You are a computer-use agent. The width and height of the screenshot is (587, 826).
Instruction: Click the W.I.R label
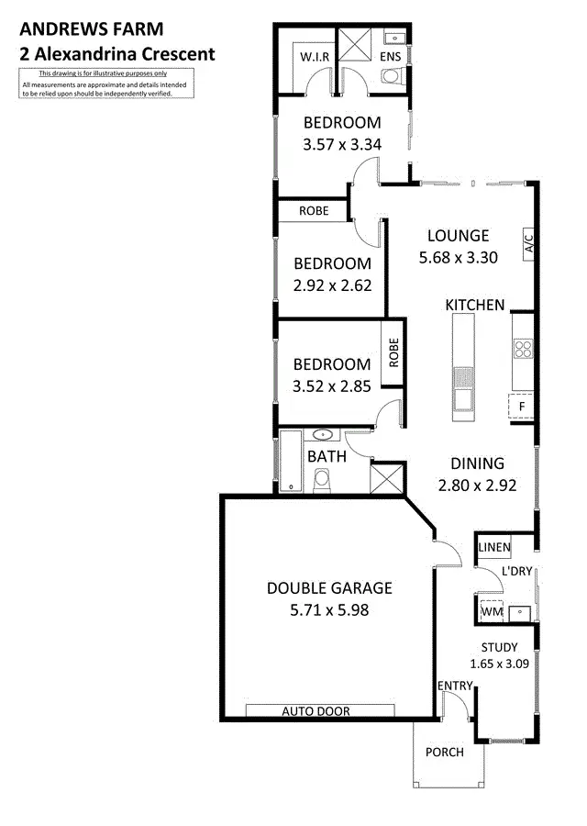309,57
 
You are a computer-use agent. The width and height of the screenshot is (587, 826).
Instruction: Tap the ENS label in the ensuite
392,57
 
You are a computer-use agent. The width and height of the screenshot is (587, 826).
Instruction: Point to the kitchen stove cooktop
523,348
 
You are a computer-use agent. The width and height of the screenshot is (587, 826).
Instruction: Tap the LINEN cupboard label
493,548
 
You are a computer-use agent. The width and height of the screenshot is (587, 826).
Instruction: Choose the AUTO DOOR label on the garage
316,710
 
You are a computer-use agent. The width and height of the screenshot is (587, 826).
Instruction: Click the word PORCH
444,753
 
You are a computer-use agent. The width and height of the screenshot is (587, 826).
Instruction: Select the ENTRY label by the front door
455,686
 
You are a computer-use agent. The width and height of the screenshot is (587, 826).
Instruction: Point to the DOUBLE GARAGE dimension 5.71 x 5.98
329,609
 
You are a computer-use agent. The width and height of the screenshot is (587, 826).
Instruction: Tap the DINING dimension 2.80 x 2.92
477,485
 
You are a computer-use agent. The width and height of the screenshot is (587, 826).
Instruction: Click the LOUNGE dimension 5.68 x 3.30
458,258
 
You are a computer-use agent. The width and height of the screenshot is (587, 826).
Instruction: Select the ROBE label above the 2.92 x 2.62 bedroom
314,210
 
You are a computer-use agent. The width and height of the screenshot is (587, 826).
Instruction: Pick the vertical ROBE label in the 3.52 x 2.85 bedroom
393,352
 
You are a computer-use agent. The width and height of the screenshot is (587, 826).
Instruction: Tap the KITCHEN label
474,305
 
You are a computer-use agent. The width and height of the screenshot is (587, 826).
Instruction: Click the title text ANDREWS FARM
79,28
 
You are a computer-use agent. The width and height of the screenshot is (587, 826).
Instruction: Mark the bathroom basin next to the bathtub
324,435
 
